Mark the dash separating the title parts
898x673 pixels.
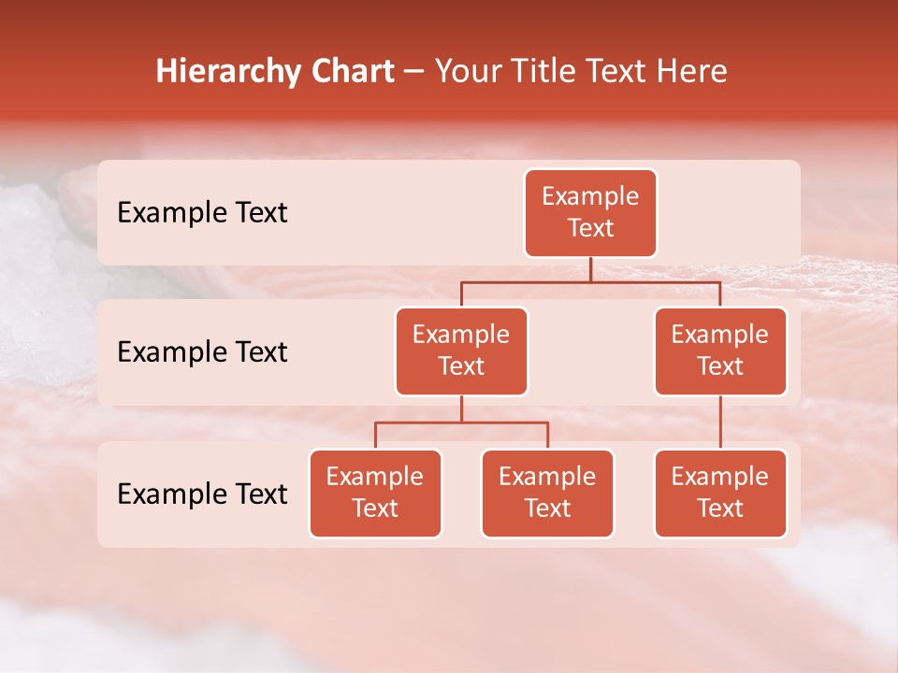tap(414, 73)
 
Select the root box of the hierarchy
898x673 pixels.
tap(590, 213)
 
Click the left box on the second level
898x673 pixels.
tap(461, 351)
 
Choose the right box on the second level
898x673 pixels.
tap(720, 351)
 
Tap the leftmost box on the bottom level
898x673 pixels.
tap(375, 494)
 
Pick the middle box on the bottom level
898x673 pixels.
tap(547, 494)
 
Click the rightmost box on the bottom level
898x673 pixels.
tap(720, 494)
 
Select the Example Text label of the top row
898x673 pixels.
tap(202, 213)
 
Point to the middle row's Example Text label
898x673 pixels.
tap(202, 352)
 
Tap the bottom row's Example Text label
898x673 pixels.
tap(202, 494)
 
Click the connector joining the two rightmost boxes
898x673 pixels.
tap(720, 422)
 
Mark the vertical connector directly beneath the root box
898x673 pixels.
tap(590, 269)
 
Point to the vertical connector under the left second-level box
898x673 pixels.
tap(461, 408)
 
